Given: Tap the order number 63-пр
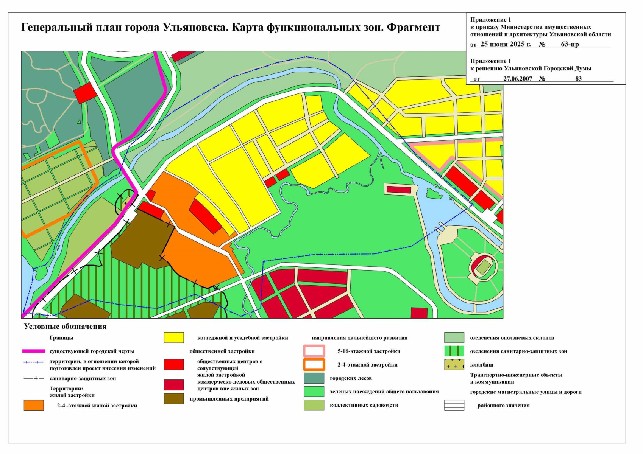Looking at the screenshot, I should click(x=570, y=44).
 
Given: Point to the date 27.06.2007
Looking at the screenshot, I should click(x=518, y=79).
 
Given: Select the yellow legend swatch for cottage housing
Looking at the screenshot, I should click(x=174, y=337).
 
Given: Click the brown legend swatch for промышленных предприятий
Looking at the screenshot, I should click(x=174, y=399).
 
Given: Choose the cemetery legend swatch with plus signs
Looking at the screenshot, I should click(x=454, y=365).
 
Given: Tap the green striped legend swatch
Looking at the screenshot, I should click(x=454, y=351).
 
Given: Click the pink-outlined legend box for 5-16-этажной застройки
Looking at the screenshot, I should click(x=314, y=351).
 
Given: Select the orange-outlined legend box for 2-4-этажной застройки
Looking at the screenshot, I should click(x=314, y=365).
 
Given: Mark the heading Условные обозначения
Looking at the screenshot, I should click(x=65, y=327).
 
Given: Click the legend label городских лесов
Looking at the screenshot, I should click(x=351, y=378).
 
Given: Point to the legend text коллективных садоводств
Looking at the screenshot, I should click(x=364, y=405).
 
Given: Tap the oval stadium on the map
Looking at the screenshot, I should click(x=483, y=267).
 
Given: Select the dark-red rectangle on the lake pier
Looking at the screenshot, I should click(x=399, y=190).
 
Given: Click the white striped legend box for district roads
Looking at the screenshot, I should click(x=454, y=406).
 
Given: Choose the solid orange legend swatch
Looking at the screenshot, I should click(x=34, y=406).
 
